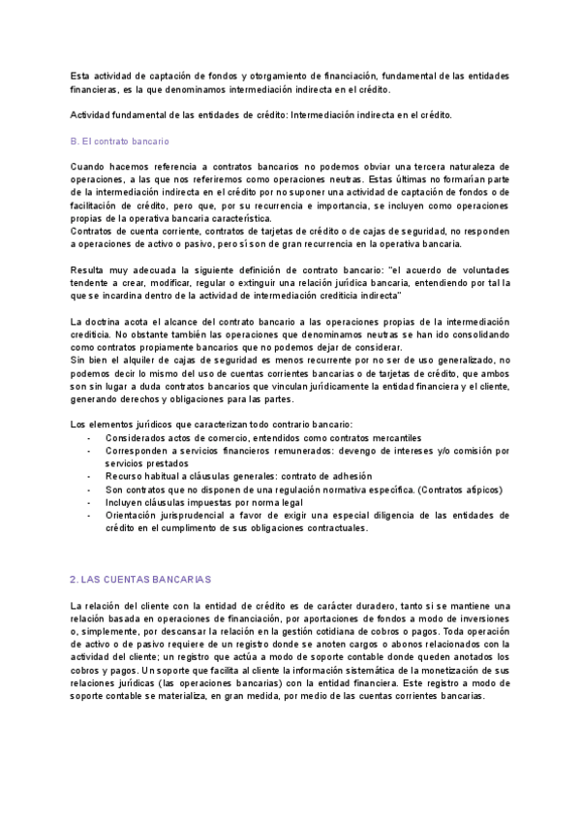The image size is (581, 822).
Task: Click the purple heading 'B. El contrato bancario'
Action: tap(120, 142)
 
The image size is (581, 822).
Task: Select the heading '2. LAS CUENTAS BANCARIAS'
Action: tap(140, 579)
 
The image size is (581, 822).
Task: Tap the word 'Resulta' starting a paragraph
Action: tap(90, 269)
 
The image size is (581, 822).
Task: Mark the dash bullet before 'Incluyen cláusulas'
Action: tap(89, 503)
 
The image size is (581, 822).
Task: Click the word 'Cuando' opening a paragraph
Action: tap(89, 167)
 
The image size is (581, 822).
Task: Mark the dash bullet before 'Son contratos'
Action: tap(89, 490)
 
